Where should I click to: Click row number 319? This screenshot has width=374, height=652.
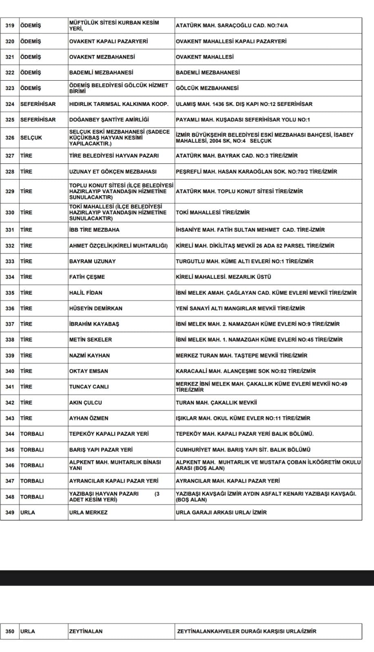pyautogui.click(x=10, y=26)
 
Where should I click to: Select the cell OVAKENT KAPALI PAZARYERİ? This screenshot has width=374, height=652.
pyautogui.click(x=108, y=41)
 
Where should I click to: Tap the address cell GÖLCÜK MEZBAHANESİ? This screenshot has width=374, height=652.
pyautogui.click(x=207, y=88)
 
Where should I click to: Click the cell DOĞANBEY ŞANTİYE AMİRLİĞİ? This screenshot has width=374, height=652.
pyautogui.click(x=109, y=119)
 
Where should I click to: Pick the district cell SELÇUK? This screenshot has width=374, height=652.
pyautogui.click(x=31, y=138)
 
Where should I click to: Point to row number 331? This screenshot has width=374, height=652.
pyautogui.click(x=10, y=230)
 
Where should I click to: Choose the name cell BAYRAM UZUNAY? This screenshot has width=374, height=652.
pyautogui.click(x=93, y=261)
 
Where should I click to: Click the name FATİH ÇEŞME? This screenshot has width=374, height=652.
pyautogui.click(x=87, y=277)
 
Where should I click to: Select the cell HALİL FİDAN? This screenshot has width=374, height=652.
pyautogui.click(x=86, y=293)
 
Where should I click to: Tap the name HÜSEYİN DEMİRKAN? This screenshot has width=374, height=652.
pyautogui.click(x=96, y=308)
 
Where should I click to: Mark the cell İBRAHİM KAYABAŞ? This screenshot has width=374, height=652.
pyautogui.click(x=94, y=324)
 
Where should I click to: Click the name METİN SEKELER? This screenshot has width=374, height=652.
pyautogui.click(x=91, y=339)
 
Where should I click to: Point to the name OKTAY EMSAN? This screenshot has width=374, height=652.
pyautogui.click(x=89, y=371)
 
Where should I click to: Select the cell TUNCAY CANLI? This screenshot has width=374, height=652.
pyautogui.click(x=89, y=387)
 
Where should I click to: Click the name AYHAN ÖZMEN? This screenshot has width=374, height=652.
pyautogui.click(x=89, y=418)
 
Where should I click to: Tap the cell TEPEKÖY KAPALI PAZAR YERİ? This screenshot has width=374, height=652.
pyautogui.click(x=109, y=434)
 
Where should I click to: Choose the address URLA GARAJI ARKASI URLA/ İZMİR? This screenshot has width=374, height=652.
pyautogui.click(x=221, y=512)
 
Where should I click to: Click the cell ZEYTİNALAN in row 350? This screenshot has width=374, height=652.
pyautogui.click(x=86, y=631)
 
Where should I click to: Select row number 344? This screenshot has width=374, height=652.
pyautogui.click(x=10, y=434)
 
